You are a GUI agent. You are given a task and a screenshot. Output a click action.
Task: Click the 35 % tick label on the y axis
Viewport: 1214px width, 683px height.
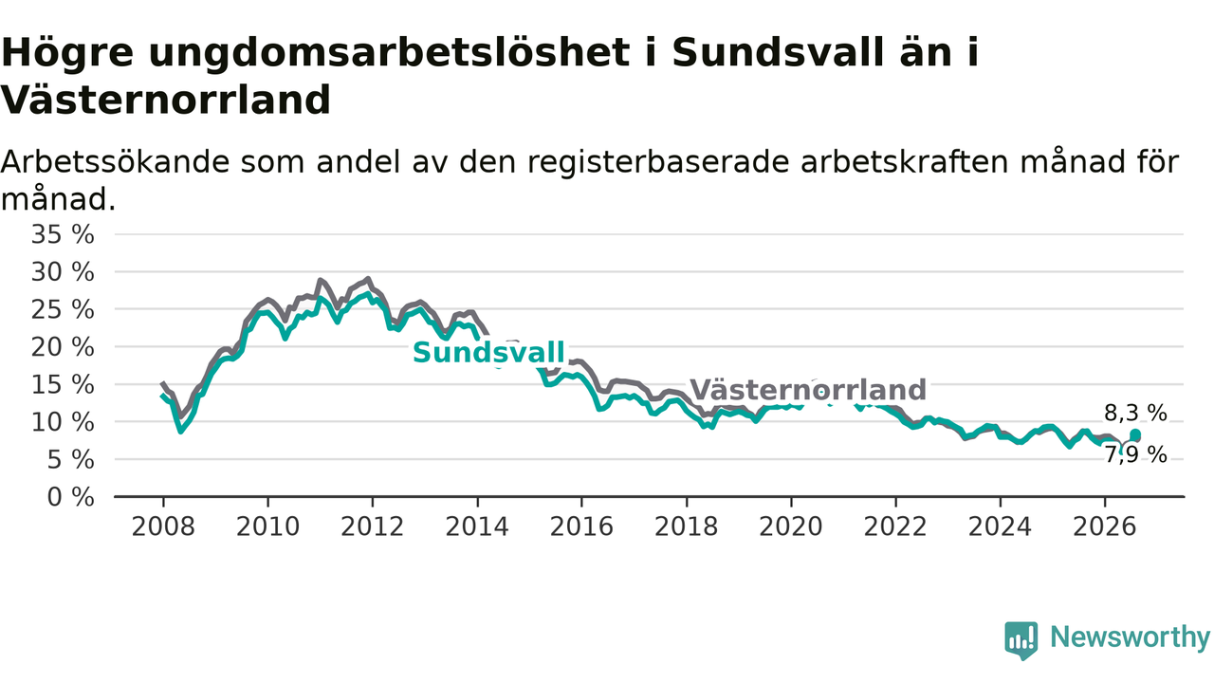click(63, 234)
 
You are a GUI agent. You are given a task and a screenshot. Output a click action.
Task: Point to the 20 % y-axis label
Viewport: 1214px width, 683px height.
click(63, 347)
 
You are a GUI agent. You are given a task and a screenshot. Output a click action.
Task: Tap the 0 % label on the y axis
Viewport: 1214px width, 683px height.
click(70, 497)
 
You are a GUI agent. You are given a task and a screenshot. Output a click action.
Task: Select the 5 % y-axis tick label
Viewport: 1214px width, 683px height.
click(70, 460)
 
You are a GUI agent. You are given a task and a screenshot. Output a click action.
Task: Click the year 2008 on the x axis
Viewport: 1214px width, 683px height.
click(163, 526)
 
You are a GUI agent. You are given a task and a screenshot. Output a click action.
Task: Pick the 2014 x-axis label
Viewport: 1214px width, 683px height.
click(477, 526)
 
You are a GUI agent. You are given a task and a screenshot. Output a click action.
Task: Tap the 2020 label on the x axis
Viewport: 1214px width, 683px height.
click(791, 526)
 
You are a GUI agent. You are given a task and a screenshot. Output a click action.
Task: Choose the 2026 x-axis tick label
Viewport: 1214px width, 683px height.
click(1105, 526)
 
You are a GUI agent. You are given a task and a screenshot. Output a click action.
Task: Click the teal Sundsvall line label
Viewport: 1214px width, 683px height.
click(488, 353)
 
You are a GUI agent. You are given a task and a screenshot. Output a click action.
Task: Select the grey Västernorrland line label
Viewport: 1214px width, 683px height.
click(808, 390)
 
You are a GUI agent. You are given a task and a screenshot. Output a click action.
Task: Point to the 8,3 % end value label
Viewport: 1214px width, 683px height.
click(1135, 413)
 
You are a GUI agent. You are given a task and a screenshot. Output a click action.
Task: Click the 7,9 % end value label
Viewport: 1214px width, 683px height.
click(1135, 454)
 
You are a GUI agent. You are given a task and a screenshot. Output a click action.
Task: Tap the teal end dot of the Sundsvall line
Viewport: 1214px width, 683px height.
click(1135, 434)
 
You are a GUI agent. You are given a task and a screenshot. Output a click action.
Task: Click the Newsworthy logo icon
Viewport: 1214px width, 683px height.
click(1021, 640)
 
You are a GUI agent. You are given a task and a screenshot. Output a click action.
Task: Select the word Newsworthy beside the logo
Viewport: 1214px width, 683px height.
click(1131, 637)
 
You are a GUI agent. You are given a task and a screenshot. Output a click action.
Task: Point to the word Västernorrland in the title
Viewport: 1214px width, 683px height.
click(166, 100)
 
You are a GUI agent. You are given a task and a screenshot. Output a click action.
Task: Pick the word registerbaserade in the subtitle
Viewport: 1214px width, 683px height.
click(658, 161)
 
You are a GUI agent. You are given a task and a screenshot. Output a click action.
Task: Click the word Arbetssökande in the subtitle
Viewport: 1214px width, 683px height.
click(115, 161)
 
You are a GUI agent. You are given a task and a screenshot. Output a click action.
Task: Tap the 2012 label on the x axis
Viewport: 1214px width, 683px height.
click(373, 526)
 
